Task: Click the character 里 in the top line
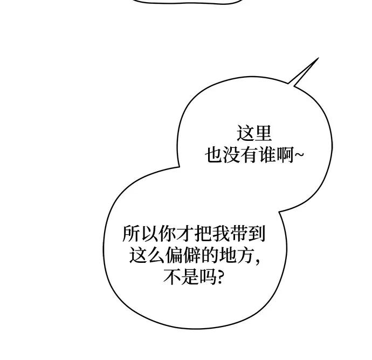pyautogui.click(x=263, y=134)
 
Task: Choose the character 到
pyautogui.click(x=257, y=234)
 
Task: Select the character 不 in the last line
pyautogui.click(x=171, y=277)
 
